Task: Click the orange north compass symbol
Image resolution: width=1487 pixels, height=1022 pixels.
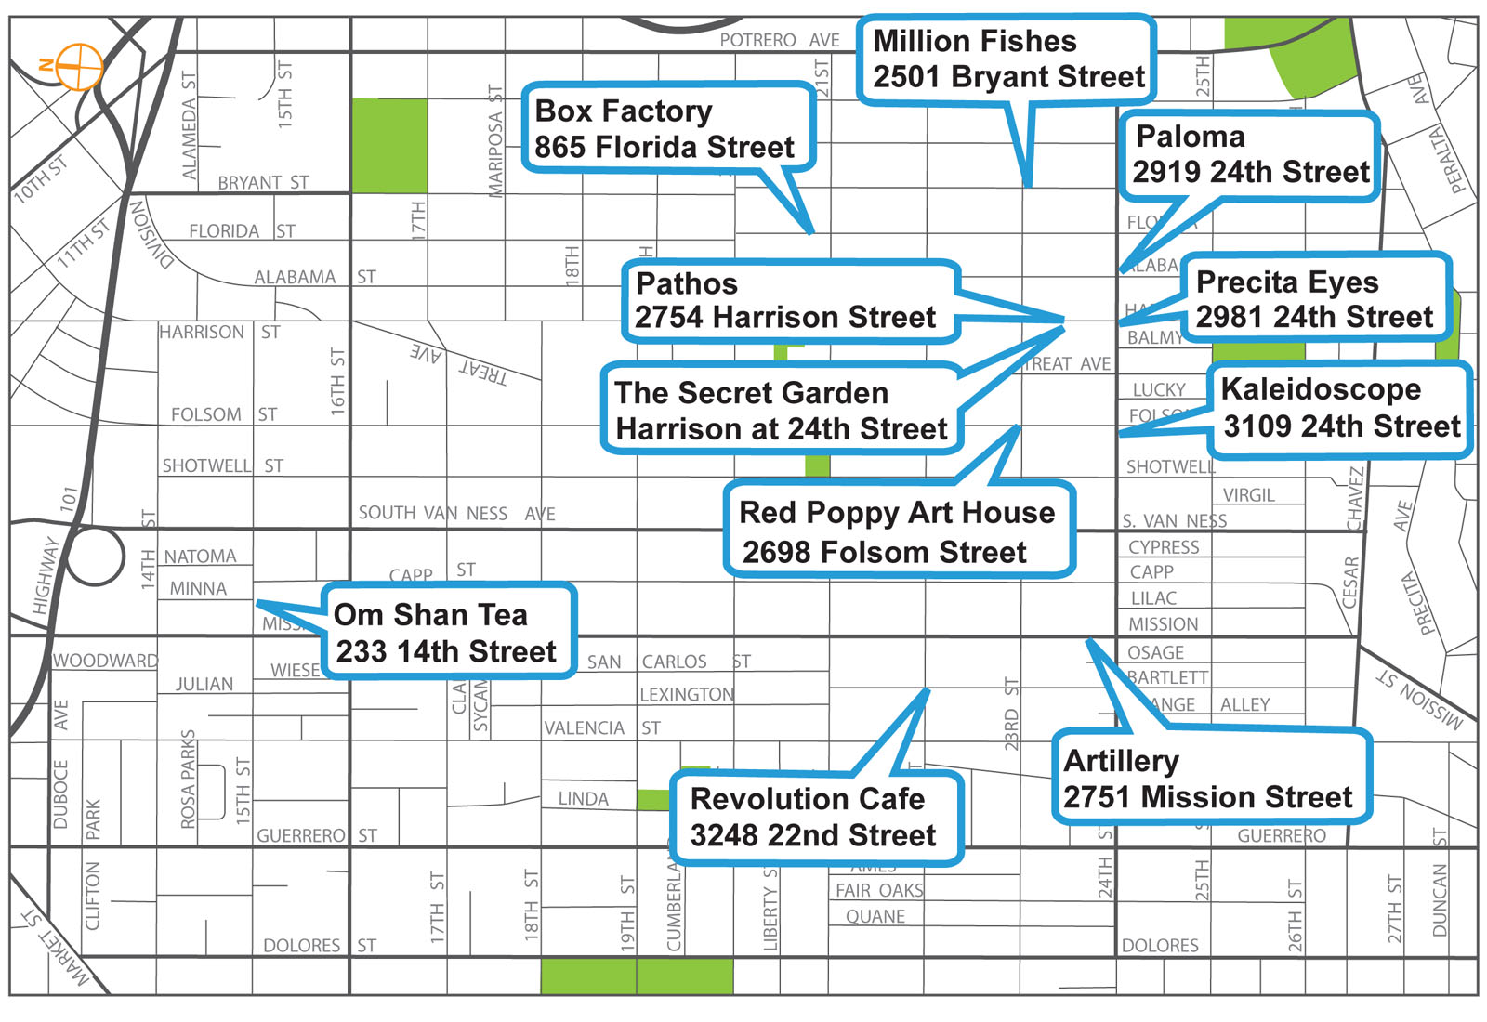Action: (80, 66)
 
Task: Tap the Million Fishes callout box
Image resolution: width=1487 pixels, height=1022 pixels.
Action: (1007, 59)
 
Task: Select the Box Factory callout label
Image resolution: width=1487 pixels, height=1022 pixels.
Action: (665, 128)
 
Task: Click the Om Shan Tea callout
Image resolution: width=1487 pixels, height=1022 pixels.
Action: (448, 633)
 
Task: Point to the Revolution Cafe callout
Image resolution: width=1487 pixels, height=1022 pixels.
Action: (814, 818)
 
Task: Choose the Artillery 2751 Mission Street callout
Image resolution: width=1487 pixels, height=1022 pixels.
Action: (1210, 779)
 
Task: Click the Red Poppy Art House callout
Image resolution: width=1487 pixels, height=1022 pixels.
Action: (898, 531)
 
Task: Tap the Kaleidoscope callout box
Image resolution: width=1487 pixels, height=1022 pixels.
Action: (1340, 408)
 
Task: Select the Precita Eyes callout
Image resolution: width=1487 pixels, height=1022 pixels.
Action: (1314, 299)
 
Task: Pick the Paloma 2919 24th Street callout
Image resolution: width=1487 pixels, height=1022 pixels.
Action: (1249, 155)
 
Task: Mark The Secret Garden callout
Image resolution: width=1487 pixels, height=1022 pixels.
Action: (781, 411)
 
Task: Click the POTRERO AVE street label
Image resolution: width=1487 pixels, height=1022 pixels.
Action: (780, 41)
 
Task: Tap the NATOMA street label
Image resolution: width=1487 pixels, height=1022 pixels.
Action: (200, 557)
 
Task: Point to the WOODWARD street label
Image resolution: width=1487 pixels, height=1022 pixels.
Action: (105, 661)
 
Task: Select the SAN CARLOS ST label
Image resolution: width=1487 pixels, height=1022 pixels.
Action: (668, 662)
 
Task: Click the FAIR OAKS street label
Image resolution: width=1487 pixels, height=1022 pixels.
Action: (878, 890)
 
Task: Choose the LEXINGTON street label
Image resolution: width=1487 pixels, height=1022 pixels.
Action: (686, 694)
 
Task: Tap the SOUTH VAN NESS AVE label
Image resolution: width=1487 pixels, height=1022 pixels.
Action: (456, 513)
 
